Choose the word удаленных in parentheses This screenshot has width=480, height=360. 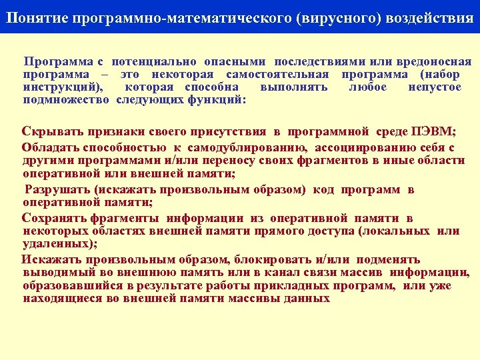tap(54, 243)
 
